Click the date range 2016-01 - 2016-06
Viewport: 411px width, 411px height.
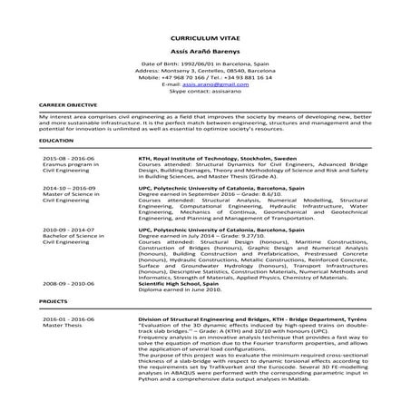68,320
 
